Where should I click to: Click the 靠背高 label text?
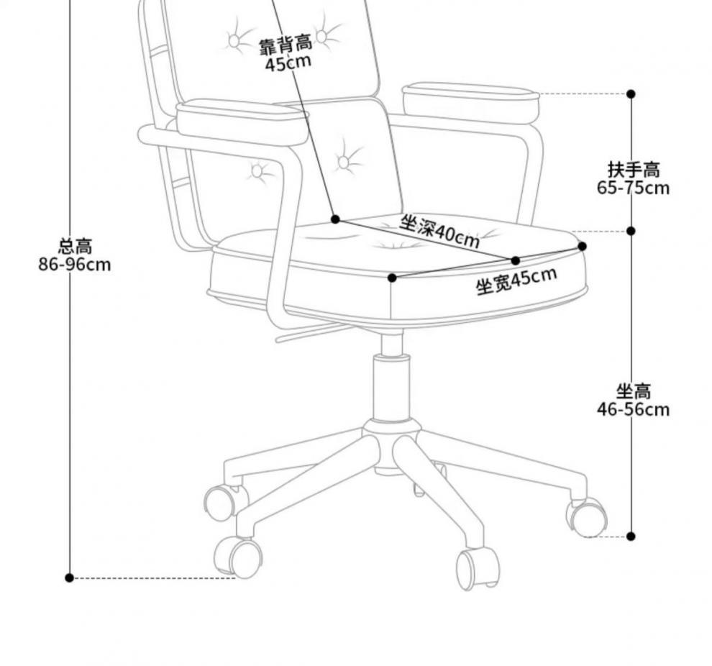pos(286,46)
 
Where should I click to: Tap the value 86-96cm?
pos(75,265)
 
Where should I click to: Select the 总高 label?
pos(75,247)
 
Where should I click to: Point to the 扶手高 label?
pos(633,170)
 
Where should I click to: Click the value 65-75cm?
pos(633,188)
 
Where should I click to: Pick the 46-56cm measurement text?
pos(633,410)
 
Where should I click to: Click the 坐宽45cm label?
pos(516,280)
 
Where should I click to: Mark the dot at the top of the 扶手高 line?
pos(631,94)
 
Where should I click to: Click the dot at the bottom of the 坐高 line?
pos(631,537)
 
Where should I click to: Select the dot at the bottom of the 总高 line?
pos(70,578)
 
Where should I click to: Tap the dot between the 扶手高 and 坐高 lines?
pos(631,231)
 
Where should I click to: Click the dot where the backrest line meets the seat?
pos(335,219)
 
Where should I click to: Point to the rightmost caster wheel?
pos(588,517)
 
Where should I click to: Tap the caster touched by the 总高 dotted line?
pos(239,557)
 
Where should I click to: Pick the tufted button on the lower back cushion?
pos(344,163)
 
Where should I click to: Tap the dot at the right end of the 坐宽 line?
pos(583,247)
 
